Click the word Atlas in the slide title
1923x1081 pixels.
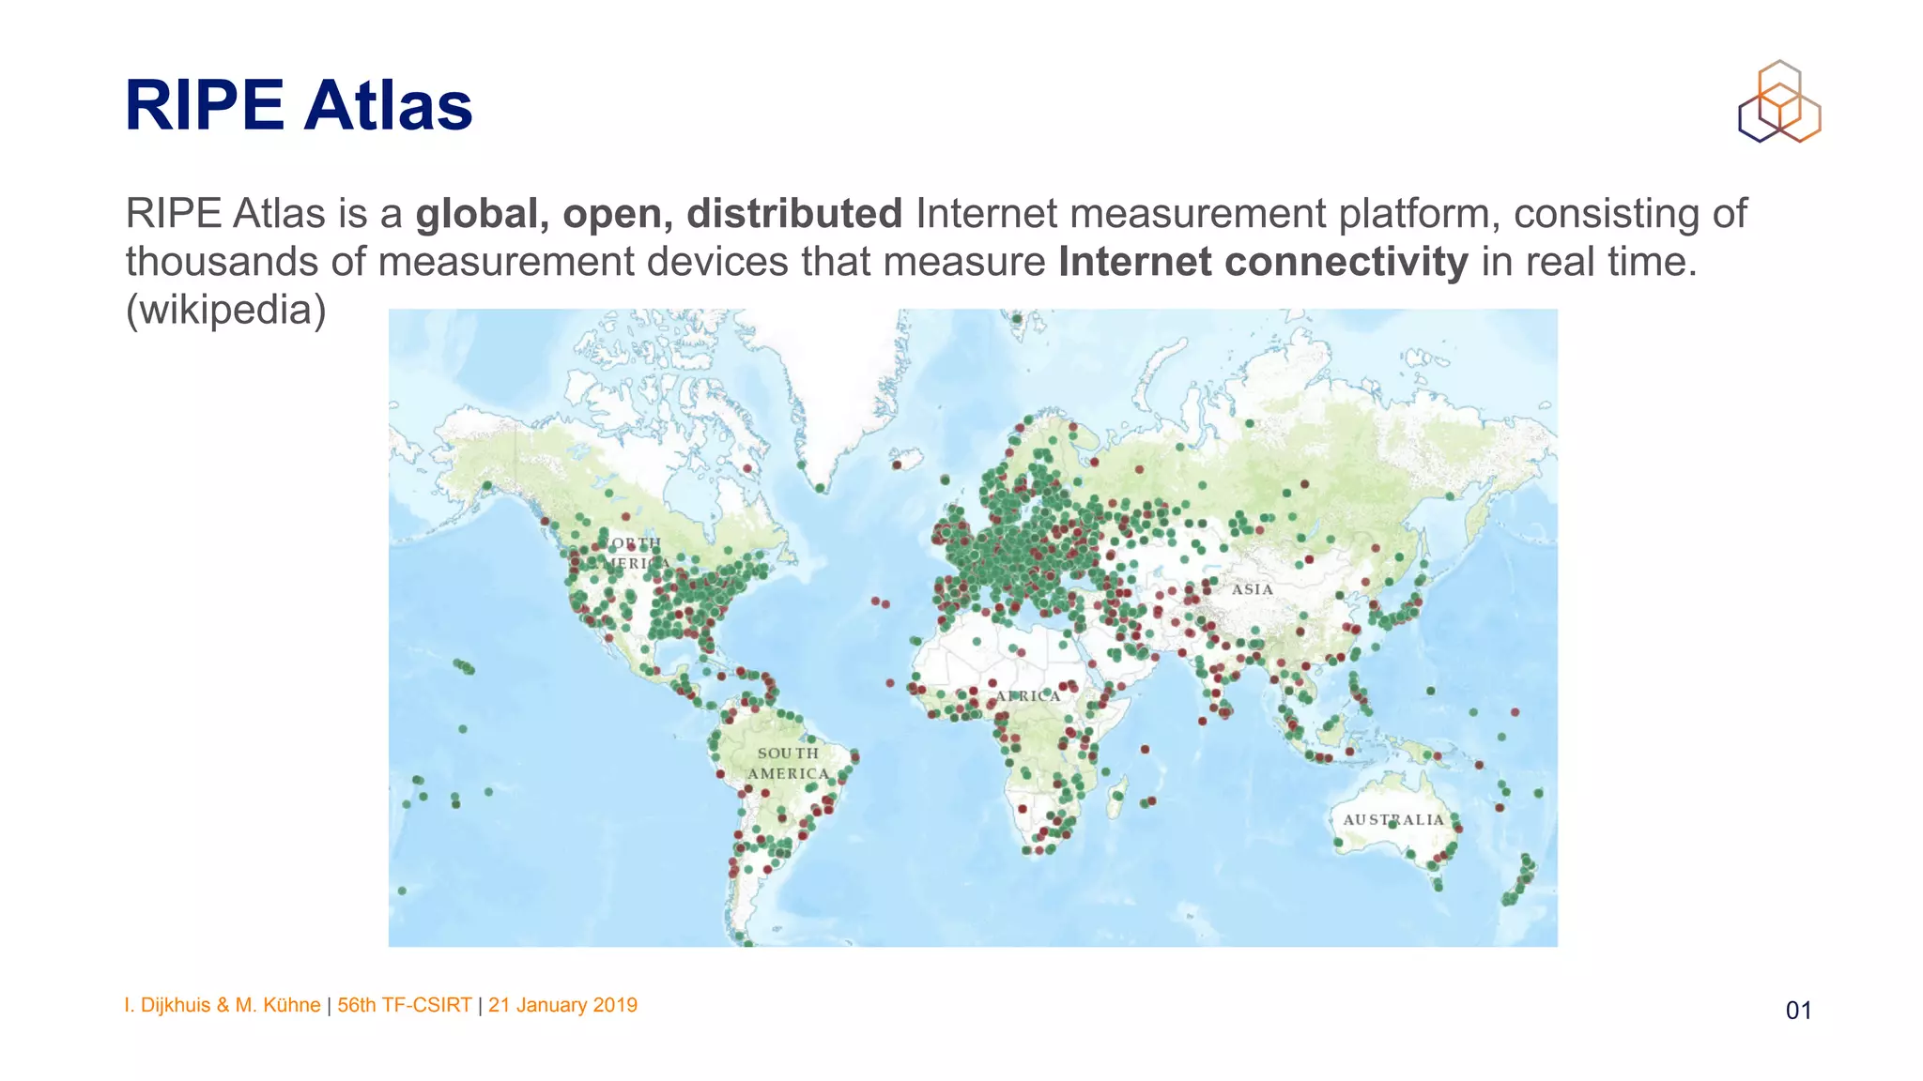(388, 105)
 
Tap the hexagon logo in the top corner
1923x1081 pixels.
(1779, 102)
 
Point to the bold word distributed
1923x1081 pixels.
(794, 214)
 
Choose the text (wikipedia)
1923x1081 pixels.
(226, 310)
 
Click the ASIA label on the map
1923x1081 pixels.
(1252, 589)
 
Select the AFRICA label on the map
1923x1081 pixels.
(1027, 696)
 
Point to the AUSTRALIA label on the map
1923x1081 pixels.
(1393, 819)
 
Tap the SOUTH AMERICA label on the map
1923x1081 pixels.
(789, 763)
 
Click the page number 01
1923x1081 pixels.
(1798, 1011)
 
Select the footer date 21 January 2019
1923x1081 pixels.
(562, 1005)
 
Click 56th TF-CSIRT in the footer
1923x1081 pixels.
(405, 1005)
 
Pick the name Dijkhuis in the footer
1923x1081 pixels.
(176, 1005)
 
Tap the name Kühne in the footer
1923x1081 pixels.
(292, 1005)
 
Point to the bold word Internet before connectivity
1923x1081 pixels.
(1134, 263)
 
